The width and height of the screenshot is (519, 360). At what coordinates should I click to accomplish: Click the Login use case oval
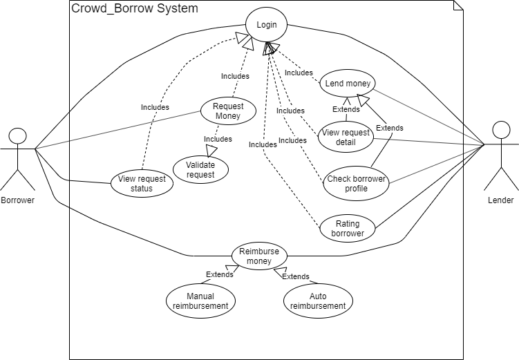pos(266,26)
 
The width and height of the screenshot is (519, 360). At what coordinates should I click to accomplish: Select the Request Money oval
pos(227,111)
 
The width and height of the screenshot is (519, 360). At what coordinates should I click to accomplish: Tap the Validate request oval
pos(200,170)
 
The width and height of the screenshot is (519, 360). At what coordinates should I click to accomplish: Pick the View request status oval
pos(141,184)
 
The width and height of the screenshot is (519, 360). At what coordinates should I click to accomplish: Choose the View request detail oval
pos(345,138)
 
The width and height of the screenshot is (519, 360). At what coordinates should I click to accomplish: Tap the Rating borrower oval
pos(348,229)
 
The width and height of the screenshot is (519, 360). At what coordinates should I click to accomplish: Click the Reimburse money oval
pos(258,256)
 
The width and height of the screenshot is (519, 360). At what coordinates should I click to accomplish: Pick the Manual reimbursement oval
pos(200,301)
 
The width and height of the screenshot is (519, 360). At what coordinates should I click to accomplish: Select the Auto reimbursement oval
pos(318,301)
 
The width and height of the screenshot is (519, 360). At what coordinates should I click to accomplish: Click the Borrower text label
pos(18,200)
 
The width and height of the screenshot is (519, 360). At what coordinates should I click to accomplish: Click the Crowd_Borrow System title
pos(134,9)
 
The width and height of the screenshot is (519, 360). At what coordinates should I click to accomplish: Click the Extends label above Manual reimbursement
pos(220,274)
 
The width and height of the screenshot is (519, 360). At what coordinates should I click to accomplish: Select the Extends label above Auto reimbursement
pos(296,276)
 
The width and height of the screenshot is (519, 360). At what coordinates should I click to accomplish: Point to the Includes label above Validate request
pos(218,139)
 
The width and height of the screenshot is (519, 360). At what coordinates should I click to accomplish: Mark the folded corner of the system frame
pos(457,6)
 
